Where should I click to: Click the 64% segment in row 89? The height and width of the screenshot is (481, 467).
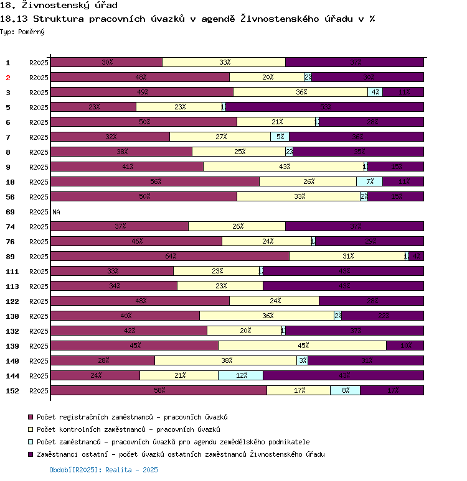(170, 256)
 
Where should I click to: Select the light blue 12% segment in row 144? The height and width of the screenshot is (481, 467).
(240, 375)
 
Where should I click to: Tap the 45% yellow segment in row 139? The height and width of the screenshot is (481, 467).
(302, 346)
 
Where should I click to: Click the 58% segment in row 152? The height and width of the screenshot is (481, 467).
(159, 390)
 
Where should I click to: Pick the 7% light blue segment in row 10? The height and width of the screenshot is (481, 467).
(369, 181)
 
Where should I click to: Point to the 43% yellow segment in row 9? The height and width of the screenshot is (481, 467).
(283, 167)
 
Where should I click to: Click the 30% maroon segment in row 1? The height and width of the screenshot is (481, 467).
(106, 62)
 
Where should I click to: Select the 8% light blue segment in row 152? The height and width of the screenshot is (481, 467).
(345, 390)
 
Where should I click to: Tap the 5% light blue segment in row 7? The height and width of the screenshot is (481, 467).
(280, 137)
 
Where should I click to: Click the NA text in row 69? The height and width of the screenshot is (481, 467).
(56, 212)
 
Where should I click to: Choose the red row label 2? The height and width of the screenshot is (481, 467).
(8, 78)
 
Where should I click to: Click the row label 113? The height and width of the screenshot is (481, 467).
(12, 286)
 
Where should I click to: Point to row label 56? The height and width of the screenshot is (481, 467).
(10, 197)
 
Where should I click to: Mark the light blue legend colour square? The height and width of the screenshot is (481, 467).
(30, 442)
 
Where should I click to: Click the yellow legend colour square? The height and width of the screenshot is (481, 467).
(30, 429)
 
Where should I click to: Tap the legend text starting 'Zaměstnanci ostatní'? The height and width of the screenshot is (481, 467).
(181, 454)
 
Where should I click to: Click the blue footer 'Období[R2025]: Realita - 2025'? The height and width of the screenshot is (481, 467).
(103, 470)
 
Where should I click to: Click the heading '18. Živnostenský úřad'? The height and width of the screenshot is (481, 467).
(59, 6)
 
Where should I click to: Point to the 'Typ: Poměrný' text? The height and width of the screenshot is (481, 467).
(22, 31)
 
